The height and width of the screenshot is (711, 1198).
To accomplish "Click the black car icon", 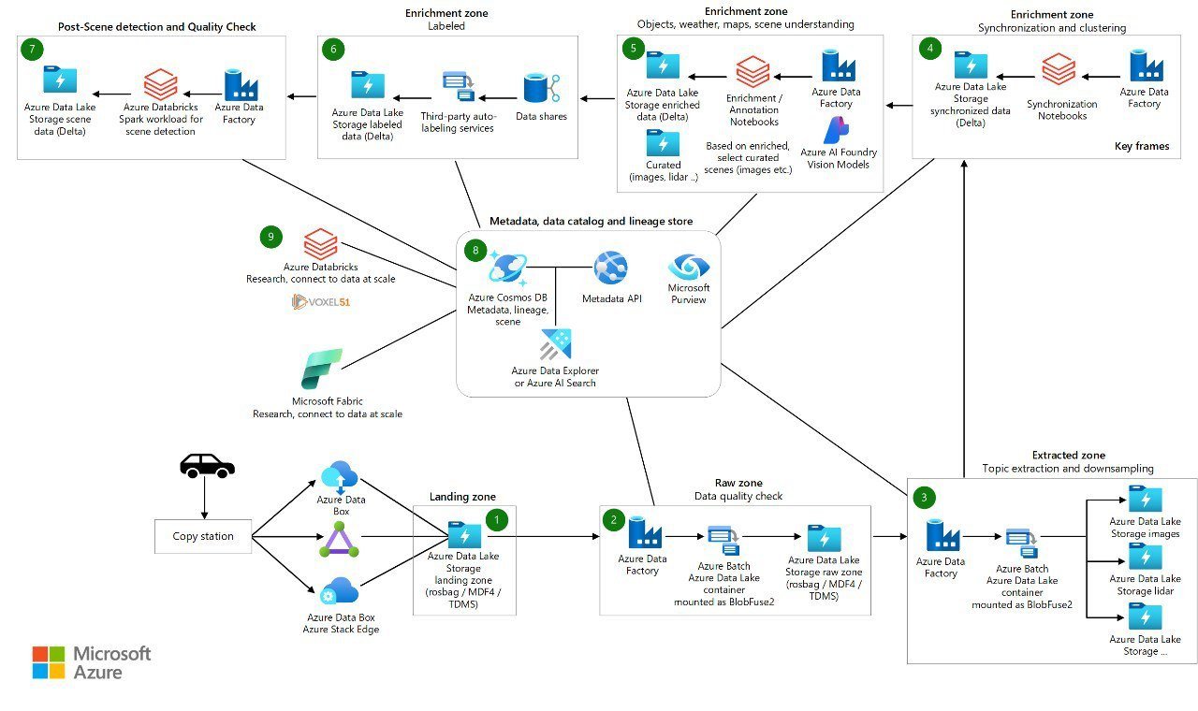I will pyautogui.click(x=206, y=465).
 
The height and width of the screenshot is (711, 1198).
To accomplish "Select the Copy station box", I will pyautogui.click(x=203, y=536).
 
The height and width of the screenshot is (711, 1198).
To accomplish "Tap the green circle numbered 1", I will pyautogui.click(x=496, y=517).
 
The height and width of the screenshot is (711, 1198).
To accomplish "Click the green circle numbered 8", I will pyautogui.click(x=475, y=250).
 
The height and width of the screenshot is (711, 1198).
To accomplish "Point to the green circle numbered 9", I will pyautogui.click(x=270, y=238).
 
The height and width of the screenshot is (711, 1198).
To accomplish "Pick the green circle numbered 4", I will pyautogui.click(x=928, y=49).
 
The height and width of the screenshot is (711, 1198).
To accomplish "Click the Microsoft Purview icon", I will pyautogui.click(x=689, y=267).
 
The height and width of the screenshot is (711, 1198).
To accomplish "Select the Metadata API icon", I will pyautogui.click(x=610, y=268).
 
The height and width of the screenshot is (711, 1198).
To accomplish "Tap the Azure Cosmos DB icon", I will pyautogui.click(x=508, y=269).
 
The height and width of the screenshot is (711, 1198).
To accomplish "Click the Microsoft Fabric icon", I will pyautogui.click(x=321, y=369).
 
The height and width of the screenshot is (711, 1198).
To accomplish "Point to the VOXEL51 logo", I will pyautogui.click(x=321, y=301).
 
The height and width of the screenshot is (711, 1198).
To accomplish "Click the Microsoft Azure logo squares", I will pyautogui.click(x=49, y=661).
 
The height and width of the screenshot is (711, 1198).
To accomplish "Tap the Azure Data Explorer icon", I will pyautogui.click(x=555, y=344).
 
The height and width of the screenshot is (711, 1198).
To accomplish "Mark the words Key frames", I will pyautogui.click(x=1142, y=147).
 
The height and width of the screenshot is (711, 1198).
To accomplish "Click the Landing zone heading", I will pyautogui.click(x=462, y=496).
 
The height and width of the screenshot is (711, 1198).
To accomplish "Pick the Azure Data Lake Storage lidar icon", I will pyautogui.click(x=1145, y=557).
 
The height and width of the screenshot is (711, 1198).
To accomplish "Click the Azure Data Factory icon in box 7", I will pyautogui.click(x=241, y=84).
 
